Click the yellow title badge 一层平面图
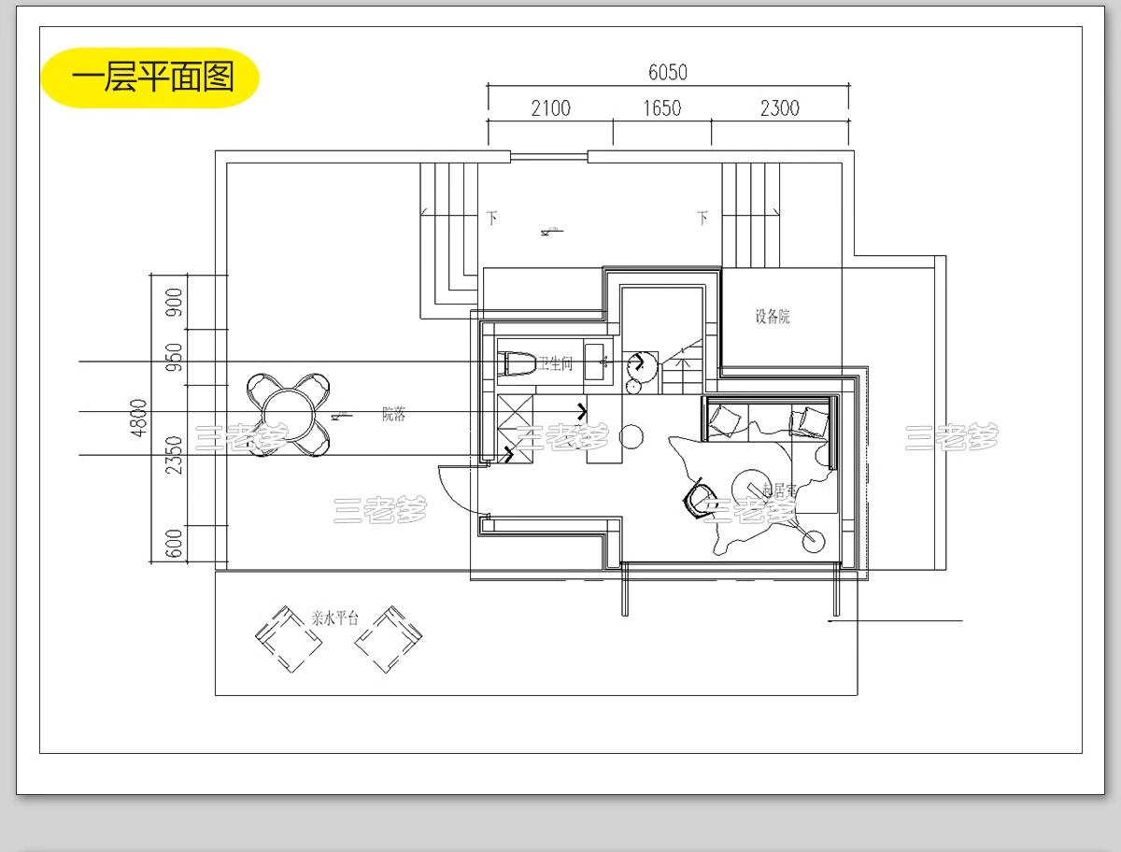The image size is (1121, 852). point(150,78)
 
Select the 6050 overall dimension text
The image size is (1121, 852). point(667,73)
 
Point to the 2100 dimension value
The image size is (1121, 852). point(550,108)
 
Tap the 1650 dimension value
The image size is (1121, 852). point(661,108)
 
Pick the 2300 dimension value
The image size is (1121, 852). point(779,108)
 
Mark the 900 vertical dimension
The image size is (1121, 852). point(174,302)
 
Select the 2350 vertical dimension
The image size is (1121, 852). point(174,455)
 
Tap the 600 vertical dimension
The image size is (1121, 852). point(174,543)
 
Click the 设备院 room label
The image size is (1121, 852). point(773,317)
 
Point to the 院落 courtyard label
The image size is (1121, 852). point(393,415)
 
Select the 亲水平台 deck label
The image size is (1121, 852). point(334,618)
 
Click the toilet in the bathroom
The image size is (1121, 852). point(518,363)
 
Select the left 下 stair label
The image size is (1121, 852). point(491,219)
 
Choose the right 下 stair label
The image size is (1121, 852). point(702,219)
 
